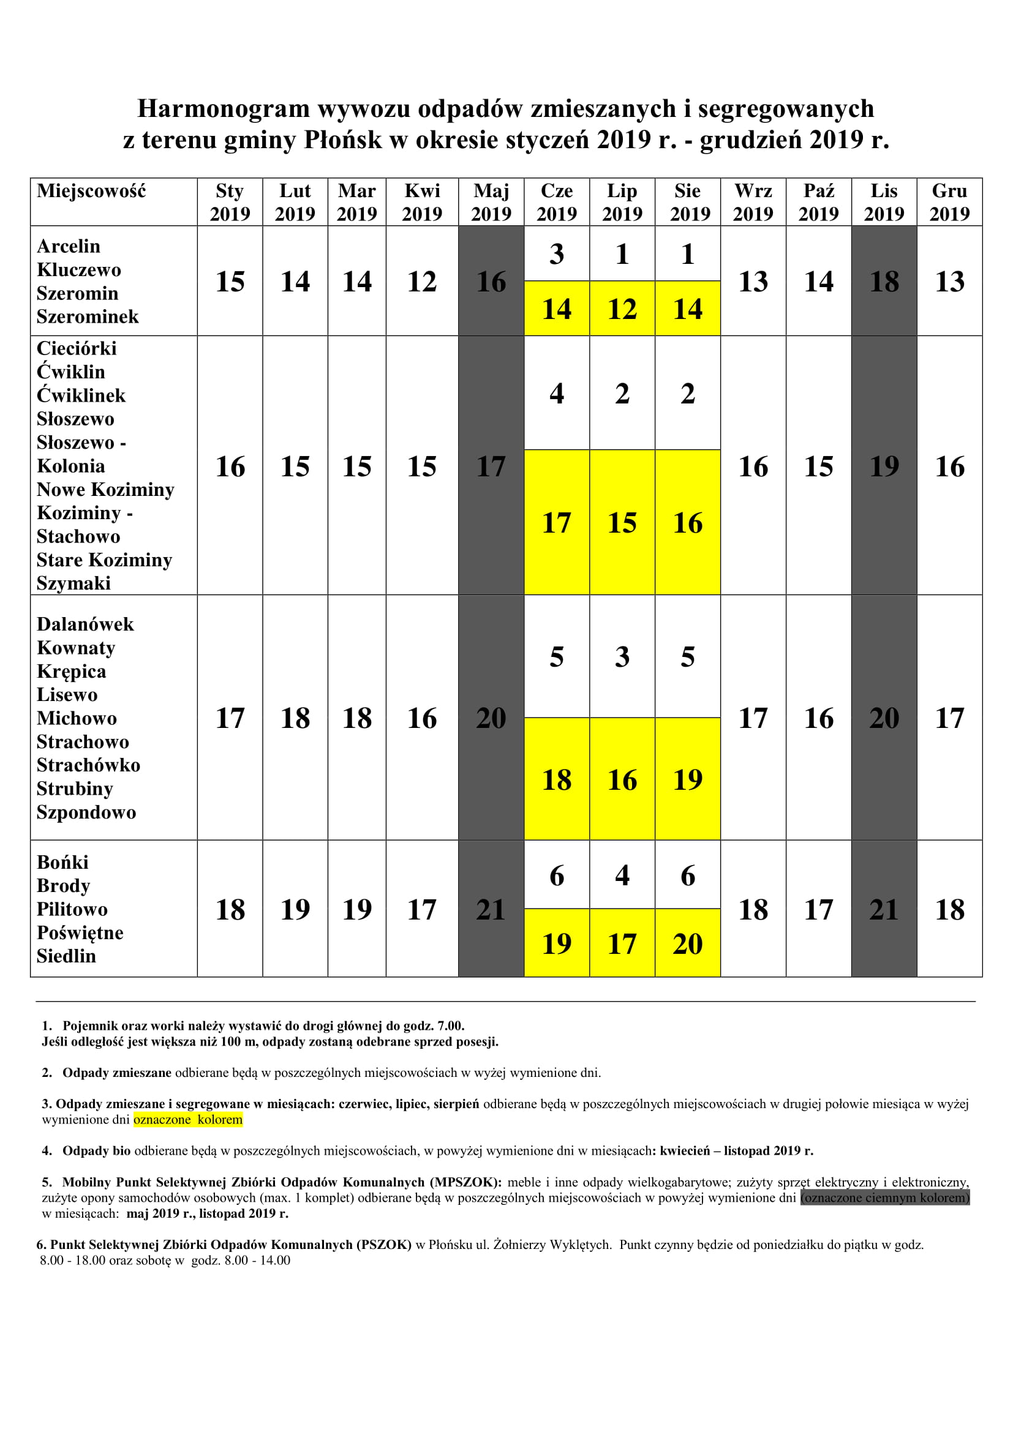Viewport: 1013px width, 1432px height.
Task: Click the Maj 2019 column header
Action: point(491,202)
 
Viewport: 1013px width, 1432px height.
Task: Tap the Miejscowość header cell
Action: point(91,191)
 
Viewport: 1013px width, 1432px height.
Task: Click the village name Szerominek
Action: point(88,317)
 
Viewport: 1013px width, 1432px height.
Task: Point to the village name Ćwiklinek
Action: point(81,395)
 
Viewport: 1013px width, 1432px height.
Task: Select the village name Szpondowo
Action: point(86,812)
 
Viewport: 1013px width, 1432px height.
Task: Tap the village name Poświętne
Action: point(80,932)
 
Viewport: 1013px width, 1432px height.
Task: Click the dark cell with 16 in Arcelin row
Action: point(491,281)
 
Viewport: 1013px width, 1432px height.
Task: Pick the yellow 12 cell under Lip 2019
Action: point(622,309)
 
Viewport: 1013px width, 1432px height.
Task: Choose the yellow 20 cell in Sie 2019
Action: point(687,943)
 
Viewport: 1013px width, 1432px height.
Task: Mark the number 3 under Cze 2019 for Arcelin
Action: point(556,254)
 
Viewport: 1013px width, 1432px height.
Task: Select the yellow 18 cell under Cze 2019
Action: point(556,779)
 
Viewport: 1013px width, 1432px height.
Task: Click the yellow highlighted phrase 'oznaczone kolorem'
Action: point(188,1120)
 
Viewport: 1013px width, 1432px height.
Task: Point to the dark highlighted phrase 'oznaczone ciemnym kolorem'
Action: point(884,1198)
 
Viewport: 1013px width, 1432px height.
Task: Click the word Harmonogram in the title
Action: point(223,108)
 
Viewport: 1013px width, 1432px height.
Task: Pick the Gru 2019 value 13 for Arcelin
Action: point(949,281)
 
